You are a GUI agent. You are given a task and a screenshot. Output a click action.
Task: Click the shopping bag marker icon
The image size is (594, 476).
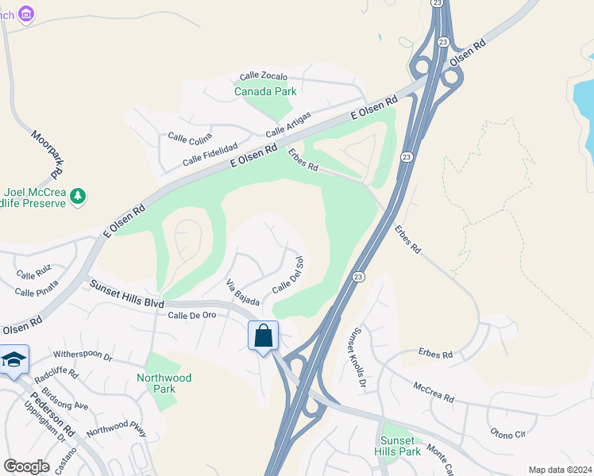(264, 336)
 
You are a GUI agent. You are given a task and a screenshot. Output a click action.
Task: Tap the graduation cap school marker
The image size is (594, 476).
(13, 360)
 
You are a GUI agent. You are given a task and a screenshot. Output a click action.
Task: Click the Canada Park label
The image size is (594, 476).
(265, 91)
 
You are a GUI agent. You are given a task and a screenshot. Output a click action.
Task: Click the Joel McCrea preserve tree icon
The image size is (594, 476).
(77, 195)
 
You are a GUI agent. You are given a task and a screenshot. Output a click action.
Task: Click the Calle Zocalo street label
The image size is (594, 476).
(263, 77)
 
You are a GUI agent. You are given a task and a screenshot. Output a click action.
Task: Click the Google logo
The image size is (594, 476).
(26, 466)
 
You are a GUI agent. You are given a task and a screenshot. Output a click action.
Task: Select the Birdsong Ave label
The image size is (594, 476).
(64, 405)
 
